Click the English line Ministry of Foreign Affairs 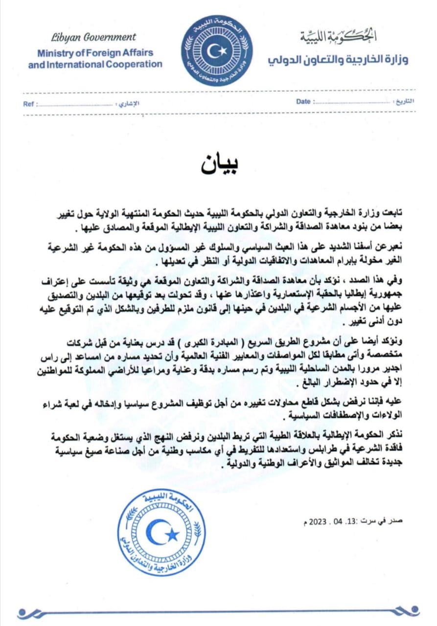click(95, 53)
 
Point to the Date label click(303, 102)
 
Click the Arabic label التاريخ click(404, 102)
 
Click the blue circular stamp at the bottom click(162, 534)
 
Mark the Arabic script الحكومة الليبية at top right click(338, 36)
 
